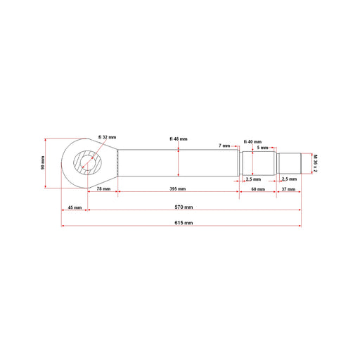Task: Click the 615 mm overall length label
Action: [x=184, y=223]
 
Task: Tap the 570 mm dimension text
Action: [x=184, y=207]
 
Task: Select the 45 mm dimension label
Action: [x=75, y=207]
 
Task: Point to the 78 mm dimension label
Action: [x=103, y=188]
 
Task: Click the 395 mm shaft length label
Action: [x=178, y=188]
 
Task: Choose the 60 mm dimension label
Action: [x=258, y=189]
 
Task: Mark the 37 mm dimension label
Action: [x=288, y=189]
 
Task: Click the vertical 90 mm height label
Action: [x=43, y=162]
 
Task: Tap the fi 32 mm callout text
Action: [x=107, y=137]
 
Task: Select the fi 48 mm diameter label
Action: [x=179, y=139]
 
